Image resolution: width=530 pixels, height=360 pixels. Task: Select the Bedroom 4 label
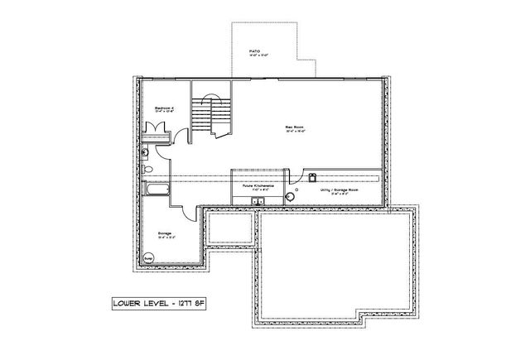162,108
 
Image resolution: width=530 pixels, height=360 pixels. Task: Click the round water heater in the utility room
291,196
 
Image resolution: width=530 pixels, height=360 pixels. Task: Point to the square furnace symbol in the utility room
312,176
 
